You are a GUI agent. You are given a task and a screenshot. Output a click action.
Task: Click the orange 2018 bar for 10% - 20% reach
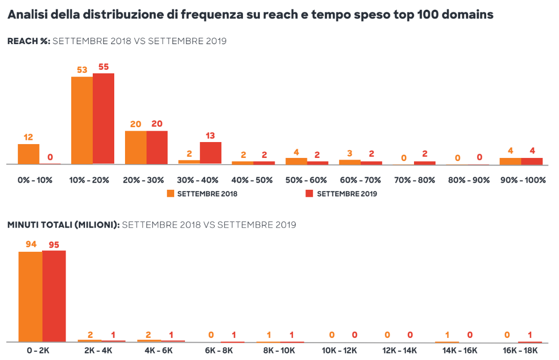[82, 121]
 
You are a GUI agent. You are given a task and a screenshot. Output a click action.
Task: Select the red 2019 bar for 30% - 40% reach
[211, 153]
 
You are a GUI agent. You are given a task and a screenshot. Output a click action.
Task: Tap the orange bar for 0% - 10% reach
[29, 154]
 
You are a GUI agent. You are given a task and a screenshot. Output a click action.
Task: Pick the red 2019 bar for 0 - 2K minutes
[54, 296]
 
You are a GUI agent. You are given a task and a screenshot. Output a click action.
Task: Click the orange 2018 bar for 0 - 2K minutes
[30, 296]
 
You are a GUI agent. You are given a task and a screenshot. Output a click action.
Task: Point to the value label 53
[82, 70]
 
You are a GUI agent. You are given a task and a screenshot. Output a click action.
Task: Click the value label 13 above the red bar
[211, 135]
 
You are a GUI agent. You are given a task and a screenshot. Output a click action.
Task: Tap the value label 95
[54, 245]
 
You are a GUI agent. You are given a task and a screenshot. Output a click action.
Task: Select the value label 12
[28, 137]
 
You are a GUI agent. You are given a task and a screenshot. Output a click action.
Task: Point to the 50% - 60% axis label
[306, 180]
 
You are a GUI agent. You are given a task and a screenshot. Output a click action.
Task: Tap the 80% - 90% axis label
[467, 180]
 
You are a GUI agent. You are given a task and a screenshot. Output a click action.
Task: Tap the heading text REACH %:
[29, 42]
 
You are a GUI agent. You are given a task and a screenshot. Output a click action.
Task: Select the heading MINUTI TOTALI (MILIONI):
[64, 225]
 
